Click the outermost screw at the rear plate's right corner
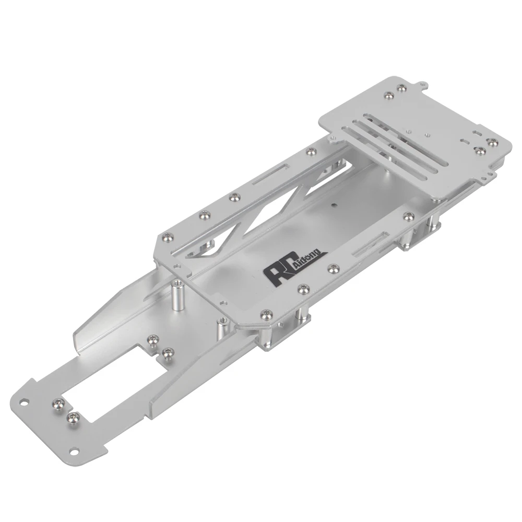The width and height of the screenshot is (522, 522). (x=491, y=141)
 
